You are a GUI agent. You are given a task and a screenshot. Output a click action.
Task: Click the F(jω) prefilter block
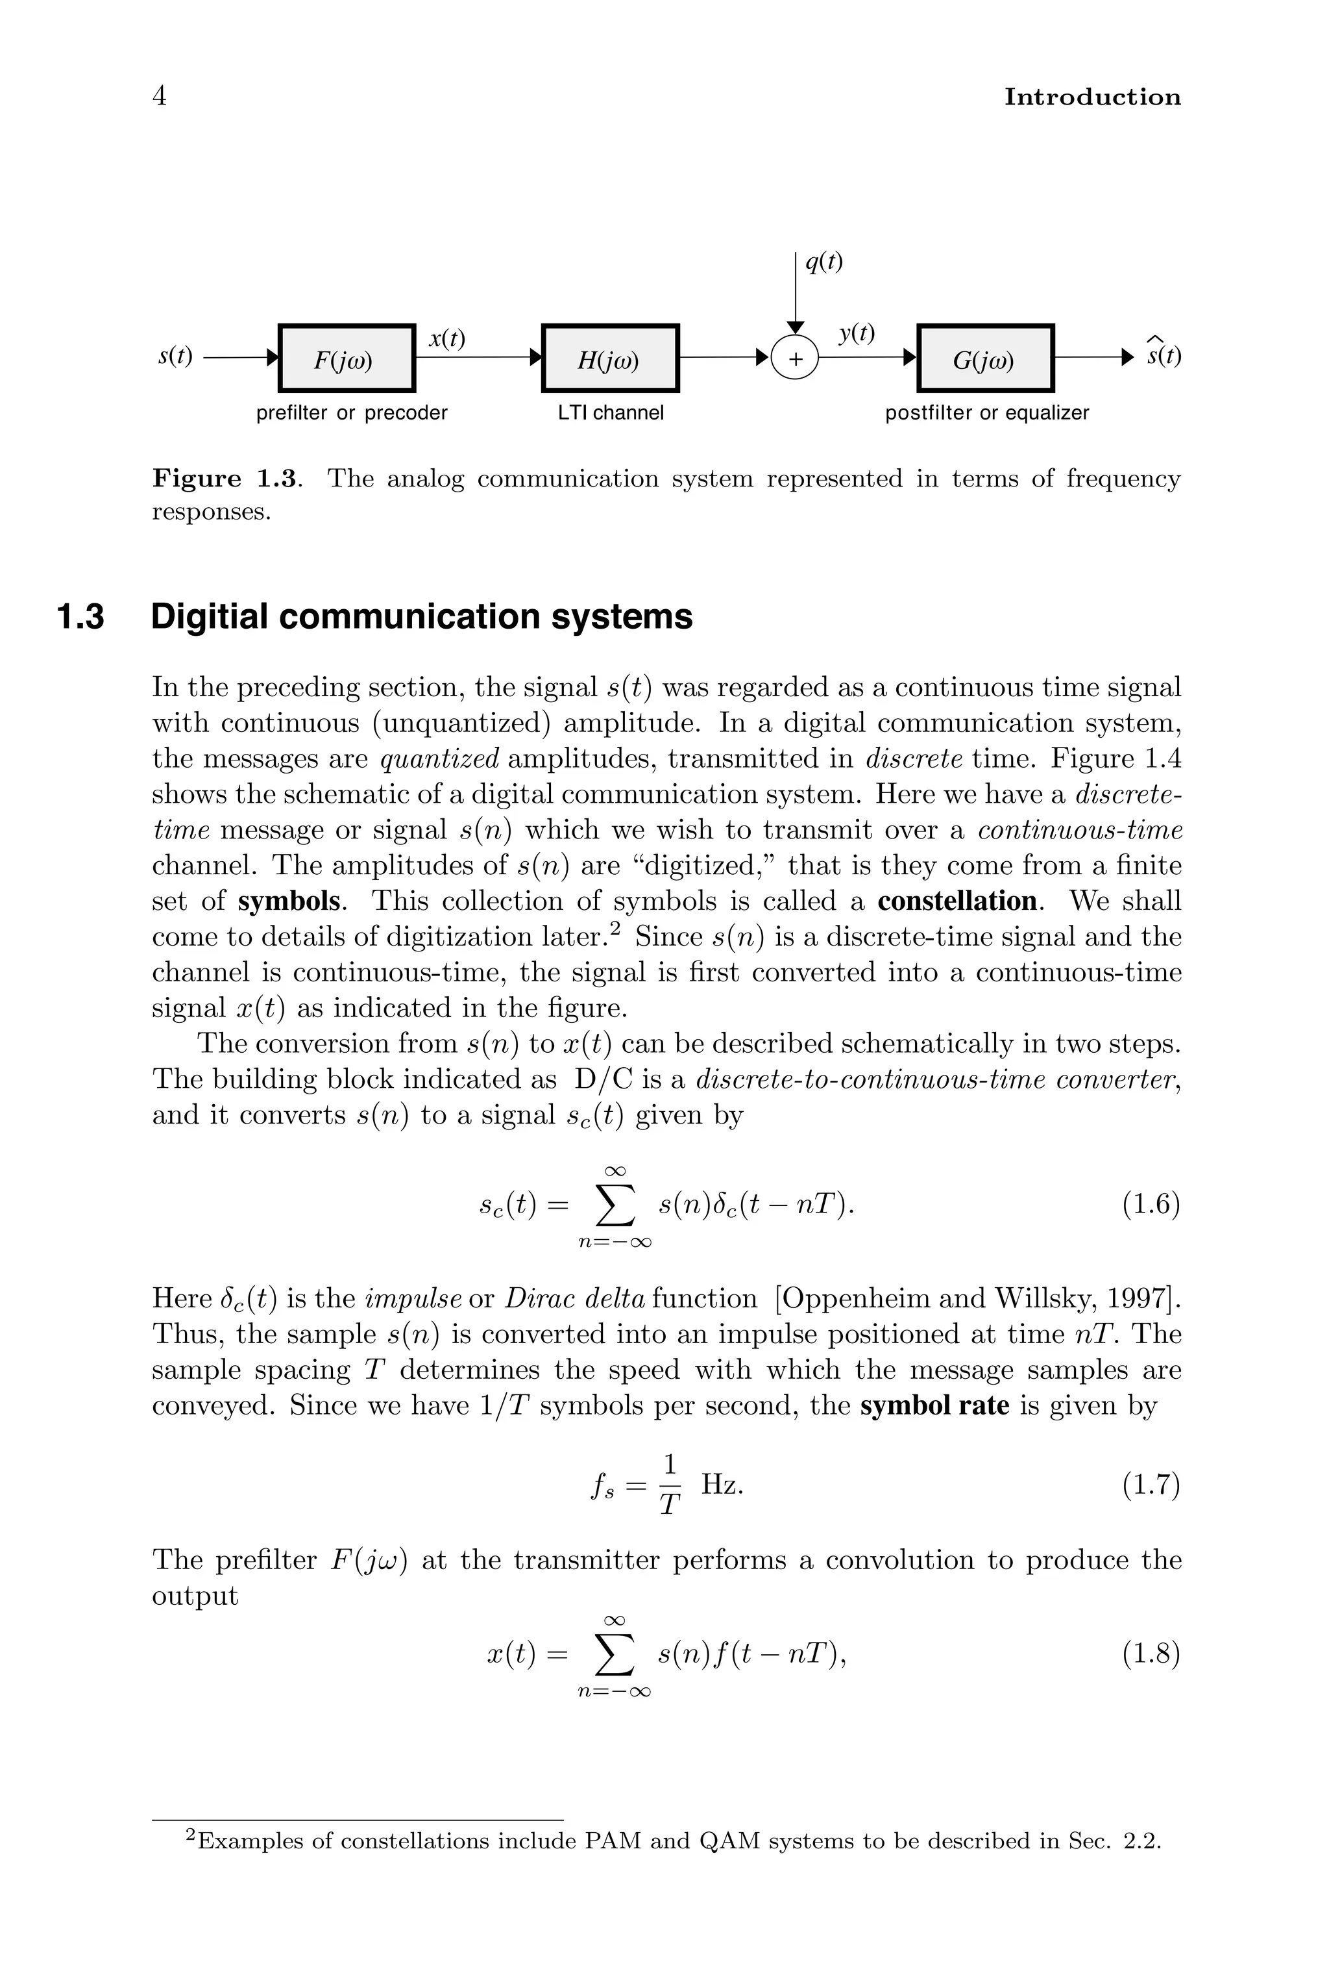coord(347,358)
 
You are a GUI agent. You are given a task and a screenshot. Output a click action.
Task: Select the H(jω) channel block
coord(610,358)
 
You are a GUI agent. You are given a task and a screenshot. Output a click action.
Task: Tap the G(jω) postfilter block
coord(986,358)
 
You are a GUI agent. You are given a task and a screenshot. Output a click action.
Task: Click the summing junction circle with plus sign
coord(795,358)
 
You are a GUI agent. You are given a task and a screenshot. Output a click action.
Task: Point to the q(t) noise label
coord(824,263)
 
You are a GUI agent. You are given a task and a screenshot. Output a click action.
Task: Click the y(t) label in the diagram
coord(857,333)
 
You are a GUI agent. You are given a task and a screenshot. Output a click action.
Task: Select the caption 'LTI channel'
coord(610,413)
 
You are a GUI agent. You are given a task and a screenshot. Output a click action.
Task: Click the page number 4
coord(160,96)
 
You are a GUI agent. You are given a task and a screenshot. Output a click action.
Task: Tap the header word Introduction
coord(1091,97)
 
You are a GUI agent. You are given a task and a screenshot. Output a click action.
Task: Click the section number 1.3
coord(80,616)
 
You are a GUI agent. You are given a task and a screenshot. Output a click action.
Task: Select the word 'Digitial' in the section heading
coord(208,616)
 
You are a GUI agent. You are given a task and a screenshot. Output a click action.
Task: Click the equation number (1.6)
coord(1150,1204)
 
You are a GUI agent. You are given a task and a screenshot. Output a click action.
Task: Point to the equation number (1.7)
coord(1150,1484)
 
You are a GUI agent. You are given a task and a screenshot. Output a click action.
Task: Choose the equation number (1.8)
coord(1150,1654)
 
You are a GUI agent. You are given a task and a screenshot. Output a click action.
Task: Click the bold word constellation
coord(957,901)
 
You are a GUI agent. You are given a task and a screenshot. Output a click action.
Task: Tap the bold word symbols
coord(288,901)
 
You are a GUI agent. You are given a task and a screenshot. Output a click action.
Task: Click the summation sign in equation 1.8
coord(615,1654)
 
